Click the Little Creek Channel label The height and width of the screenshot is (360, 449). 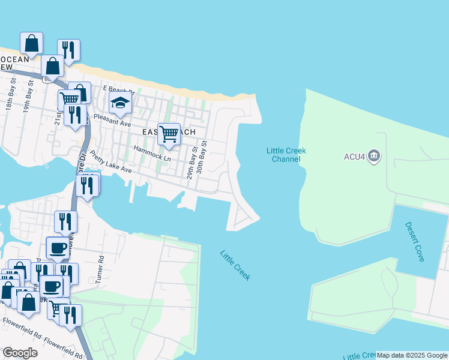(286, 155)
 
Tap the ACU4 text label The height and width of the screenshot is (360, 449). (354, 157)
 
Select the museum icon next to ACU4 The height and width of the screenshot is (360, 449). (375, 157)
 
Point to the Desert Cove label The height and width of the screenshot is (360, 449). (415, 242)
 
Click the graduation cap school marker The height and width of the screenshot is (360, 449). (120, 103)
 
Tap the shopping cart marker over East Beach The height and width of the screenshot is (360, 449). (169, 134)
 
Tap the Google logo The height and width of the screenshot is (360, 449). (20, 352)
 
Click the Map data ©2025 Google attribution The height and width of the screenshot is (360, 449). (412, 355)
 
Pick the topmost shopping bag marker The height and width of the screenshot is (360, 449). (31, 43)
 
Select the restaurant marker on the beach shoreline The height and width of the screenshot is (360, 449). (68, 50)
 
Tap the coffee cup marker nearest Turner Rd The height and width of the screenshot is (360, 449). (58, 247)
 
